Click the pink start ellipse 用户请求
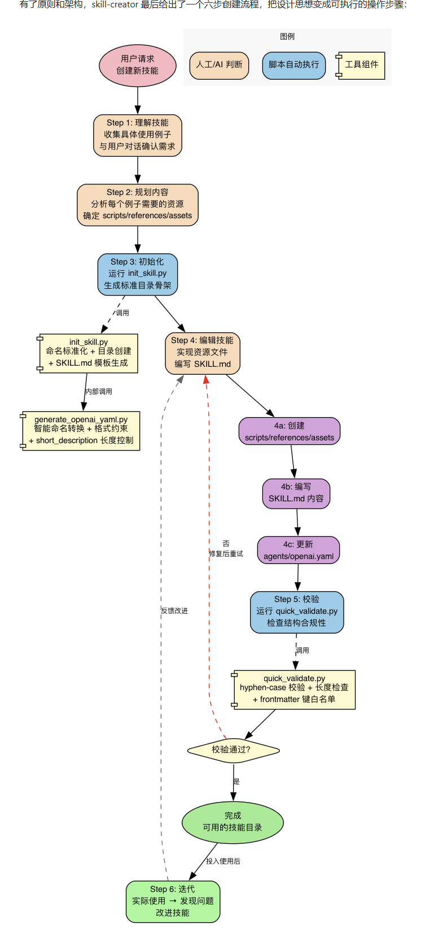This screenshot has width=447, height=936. [x=137, y=66]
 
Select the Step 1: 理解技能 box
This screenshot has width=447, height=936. [x=137, y=136]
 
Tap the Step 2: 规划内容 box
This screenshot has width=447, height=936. [x=137, y=205]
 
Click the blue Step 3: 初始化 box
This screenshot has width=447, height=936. [x=137, y=274]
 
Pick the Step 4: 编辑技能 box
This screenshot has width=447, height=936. [x=203, y=353]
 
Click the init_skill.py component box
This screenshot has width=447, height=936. [x=87, y=353]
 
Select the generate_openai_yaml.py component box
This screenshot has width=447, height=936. [x=81, y=431]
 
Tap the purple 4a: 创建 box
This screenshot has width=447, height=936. [x=289, y=431]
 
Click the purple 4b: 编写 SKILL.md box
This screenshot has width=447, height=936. [x=296, y=493]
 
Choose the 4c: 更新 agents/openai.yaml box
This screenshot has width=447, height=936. [x=299, y=550]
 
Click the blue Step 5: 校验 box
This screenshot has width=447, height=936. [x=297, y=612]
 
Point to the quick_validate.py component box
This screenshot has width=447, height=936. [x=294, y=690]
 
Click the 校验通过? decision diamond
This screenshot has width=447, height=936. [x=233, y=751]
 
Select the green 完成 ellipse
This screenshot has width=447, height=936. [x=233, y=822]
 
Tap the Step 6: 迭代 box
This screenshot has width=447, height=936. [x=173, y=902]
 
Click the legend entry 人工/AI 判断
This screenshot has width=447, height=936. [x=219, y=65]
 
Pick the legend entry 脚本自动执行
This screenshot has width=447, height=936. [x=293, y=65]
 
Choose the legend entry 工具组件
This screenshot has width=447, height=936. [x=361, y=65]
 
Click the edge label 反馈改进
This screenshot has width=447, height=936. [x=174, y=611]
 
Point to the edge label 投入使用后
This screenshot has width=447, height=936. [x=223, y=861]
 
